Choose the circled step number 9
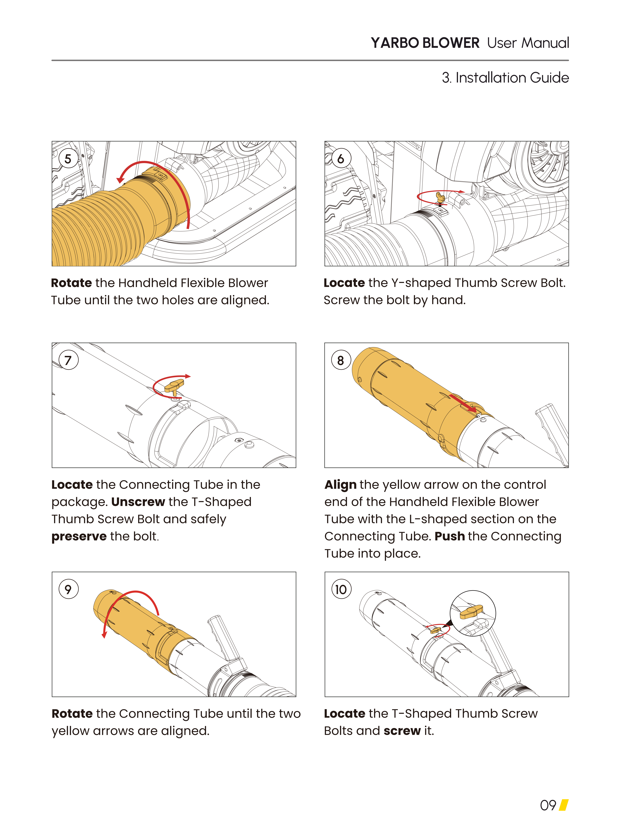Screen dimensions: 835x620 (x=68, y=589)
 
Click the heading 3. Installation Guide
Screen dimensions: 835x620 (x=505, y=78)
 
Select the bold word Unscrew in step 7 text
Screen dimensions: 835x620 (x=138, y=502)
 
